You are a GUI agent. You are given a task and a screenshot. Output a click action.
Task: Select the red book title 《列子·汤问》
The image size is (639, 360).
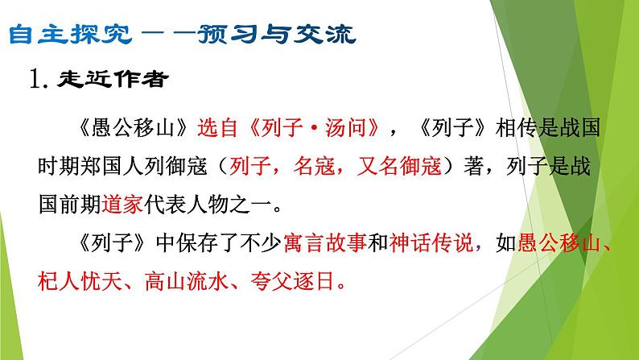pyautogui.click(x=313, y=129)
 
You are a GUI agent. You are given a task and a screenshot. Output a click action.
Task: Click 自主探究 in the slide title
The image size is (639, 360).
pyautogui.click(x=76, y=35)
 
